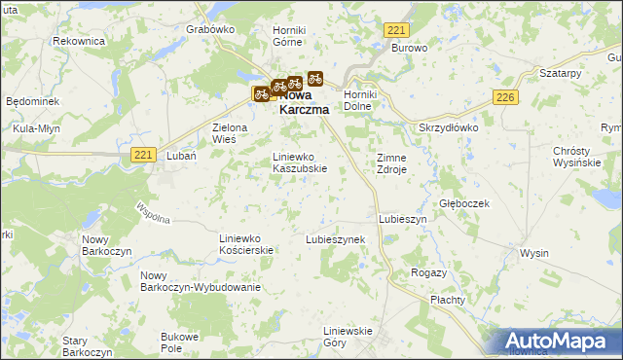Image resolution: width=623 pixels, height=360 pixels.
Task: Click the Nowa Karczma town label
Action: coord(304,104)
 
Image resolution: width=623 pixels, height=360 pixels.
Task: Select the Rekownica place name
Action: coord(78,41)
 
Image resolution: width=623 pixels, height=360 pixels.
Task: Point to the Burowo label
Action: coord(410,47)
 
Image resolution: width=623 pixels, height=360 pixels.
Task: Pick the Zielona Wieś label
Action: coord(232,133)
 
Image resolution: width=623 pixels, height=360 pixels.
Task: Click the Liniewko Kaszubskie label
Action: coord(299,162)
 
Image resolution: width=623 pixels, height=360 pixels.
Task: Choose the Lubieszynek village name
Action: coord(335,238)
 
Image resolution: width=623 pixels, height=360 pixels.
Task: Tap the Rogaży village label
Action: coord(428,272)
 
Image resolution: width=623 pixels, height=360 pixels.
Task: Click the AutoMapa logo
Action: coord(558,340)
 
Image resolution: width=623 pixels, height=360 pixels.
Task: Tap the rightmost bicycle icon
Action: coord(315,78)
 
